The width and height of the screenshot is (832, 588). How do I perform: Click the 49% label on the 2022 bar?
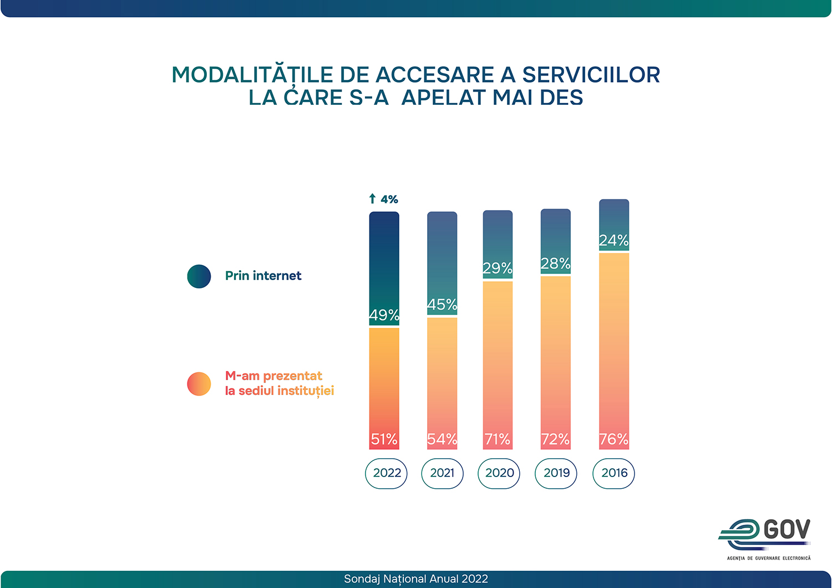(x=384, y=315)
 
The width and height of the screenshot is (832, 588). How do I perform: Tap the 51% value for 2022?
(x=384, y=439)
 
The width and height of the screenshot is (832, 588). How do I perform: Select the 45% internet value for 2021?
(x=442, y=305)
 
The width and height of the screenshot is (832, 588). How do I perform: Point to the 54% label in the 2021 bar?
(x=442, y=439)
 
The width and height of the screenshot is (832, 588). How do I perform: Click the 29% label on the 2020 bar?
(x=498, y=268)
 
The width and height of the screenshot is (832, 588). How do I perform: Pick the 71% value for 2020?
(x=498, y=439)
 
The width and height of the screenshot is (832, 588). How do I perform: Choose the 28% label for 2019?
(x=556, y=263)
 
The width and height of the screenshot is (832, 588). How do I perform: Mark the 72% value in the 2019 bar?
(x=556, y=439)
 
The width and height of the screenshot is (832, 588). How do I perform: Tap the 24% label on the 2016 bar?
(x=614, y=241)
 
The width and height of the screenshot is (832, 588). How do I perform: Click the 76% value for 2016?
(x=614, y=439)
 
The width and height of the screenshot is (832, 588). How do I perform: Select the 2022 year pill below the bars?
(x=387, y=473)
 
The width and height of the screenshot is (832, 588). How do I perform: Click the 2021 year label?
(x=442, y=473)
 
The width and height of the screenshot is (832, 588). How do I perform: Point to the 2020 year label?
(x=499, y=473)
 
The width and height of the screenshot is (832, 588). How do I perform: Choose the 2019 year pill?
(x=556, y=473)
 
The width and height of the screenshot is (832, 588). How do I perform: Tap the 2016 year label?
(x=614, y=473)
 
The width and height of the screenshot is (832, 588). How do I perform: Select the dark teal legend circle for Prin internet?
(x=199, y=276)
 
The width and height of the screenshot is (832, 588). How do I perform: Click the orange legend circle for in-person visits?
(x=199, y=384)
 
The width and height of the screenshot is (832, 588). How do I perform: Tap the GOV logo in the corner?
(x=765, y=535)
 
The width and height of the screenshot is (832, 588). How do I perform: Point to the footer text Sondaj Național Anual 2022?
(x=416, y=579)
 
